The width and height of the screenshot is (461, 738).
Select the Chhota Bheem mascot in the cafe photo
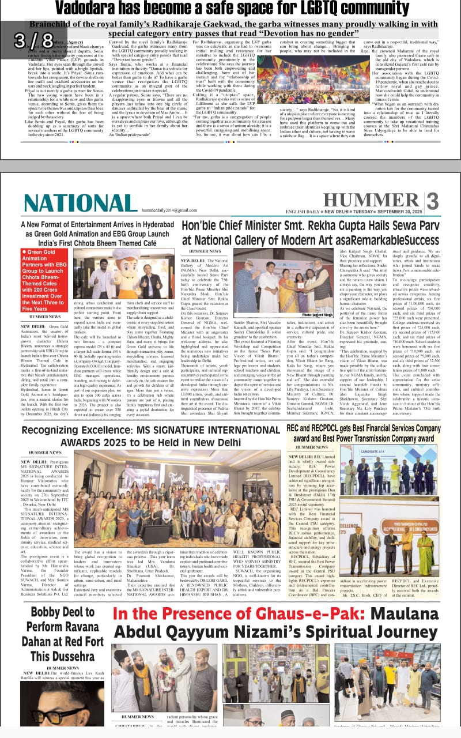[138, 272]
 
